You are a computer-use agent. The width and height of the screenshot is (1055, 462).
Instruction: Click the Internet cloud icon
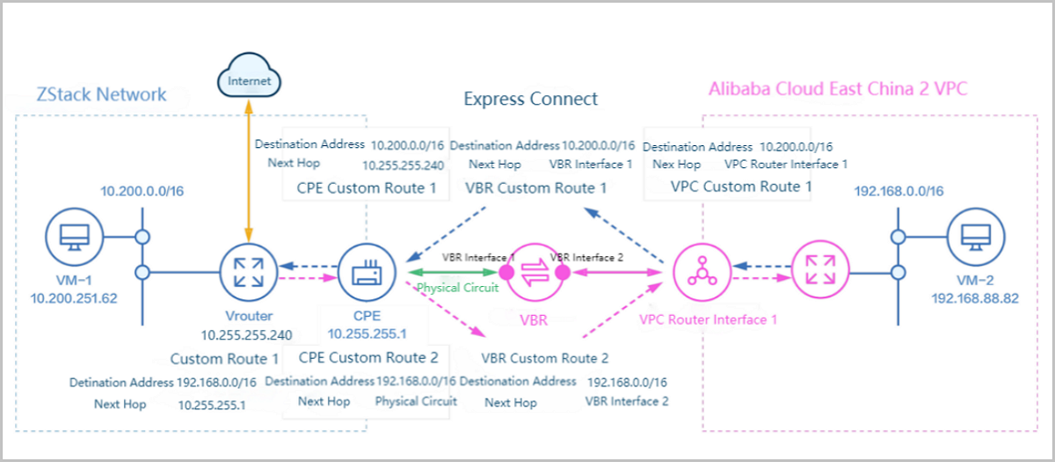click(x=249, y=80)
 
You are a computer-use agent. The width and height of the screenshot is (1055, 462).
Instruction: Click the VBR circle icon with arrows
click(x=535, y=273)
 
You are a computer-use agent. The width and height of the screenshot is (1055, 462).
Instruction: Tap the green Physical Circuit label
click(x=457, y=288)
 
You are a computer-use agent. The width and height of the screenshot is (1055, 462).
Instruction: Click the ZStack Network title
click(x=101, y=94)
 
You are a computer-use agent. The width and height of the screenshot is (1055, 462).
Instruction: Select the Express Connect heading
click(x=530, y=99)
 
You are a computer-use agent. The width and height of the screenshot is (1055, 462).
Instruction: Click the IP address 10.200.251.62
click(x=73, y=298)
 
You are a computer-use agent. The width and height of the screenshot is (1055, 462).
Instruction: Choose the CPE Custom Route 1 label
click(x=367, y=187)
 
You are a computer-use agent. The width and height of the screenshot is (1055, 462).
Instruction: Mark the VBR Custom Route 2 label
click(x=545, y=358)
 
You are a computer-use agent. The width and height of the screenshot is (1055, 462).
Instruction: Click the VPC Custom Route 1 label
click(x=741, y=187)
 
